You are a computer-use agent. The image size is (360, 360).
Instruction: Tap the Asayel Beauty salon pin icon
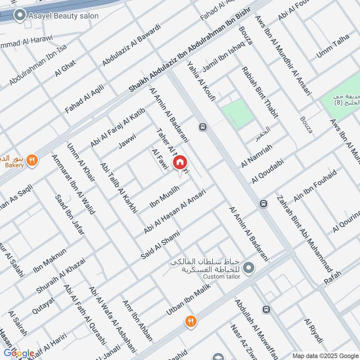pos(19,16)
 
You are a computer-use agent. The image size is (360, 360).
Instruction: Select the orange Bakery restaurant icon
pos(31,160)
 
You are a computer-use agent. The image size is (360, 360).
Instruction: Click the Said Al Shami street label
pos(160,245)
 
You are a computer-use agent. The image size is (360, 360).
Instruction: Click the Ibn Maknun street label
pos(49,261)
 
